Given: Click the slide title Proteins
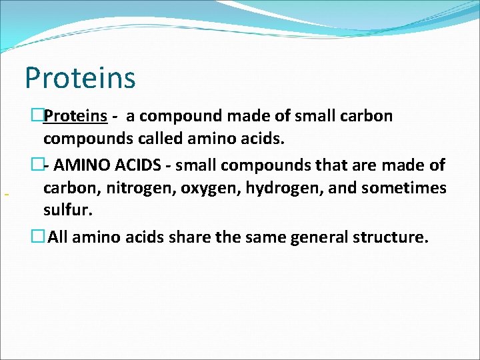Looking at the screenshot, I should pos(80,77).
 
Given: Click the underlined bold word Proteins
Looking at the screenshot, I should pos(75,116).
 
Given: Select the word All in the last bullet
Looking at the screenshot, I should pos(58,237).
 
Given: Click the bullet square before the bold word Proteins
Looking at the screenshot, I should pos(37,116).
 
